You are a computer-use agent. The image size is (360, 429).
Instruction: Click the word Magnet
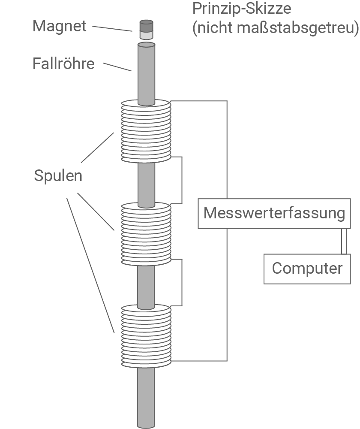(x=60, y=26)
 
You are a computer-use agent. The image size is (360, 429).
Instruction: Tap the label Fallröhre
(x=63, y=64)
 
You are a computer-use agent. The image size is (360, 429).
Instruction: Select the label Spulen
(x=58, y=176)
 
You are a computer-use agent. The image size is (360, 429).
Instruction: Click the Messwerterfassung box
(x=274, y=213)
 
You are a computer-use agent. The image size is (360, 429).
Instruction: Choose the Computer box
(x=307, y=269)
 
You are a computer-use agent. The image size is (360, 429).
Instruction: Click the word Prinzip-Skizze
(x=242, y=9)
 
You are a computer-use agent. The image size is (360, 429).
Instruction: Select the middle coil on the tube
(x=146, y=234)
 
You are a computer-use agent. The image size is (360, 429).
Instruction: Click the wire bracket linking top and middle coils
(x=182, y=180)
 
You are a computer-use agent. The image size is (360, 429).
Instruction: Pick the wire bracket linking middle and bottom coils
(x=182, y=282)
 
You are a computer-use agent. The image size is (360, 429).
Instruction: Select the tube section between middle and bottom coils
(x=146, y=285)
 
